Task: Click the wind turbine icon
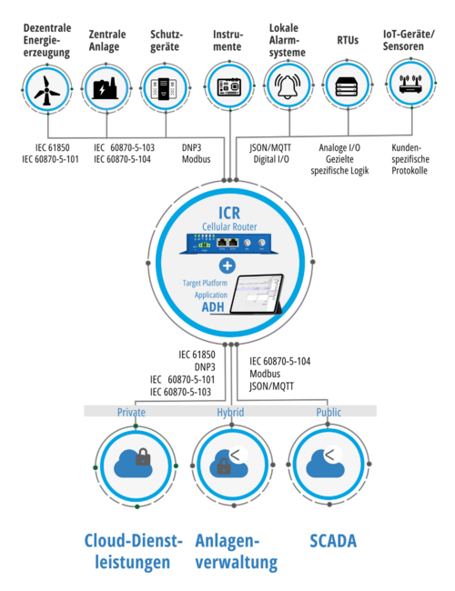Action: pos(46,90)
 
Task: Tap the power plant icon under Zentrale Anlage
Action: pos(106,88)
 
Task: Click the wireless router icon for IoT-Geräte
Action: pos(410,85)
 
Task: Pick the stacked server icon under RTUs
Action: pos(347,86)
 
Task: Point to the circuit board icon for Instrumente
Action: pos(229,86)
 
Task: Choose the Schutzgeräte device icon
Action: pos(164,88)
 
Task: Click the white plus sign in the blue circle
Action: pos(227,265)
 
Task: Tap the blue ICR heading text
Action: pos(229,213)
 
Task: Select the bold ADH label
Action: pos(213,307)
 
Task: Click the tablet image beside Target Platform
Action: pos(257,294)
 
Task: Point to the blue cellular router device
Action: pos(229,244)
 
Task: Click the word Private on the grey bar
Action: pos(131,412)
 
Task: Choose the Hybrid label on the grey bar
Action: pos(230,412)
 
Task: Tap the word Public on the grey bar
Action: pos(329,412)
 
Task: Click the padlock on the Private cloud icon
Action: pos(143,456)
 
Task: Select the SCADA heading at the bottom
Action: pos(333,541)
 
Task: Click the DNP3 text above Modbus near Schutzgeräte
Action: pos(191,147)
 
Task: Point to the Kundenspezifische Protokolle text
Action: pos(409,159)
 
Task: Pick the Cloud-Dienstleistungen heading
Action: pos(133,551)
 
